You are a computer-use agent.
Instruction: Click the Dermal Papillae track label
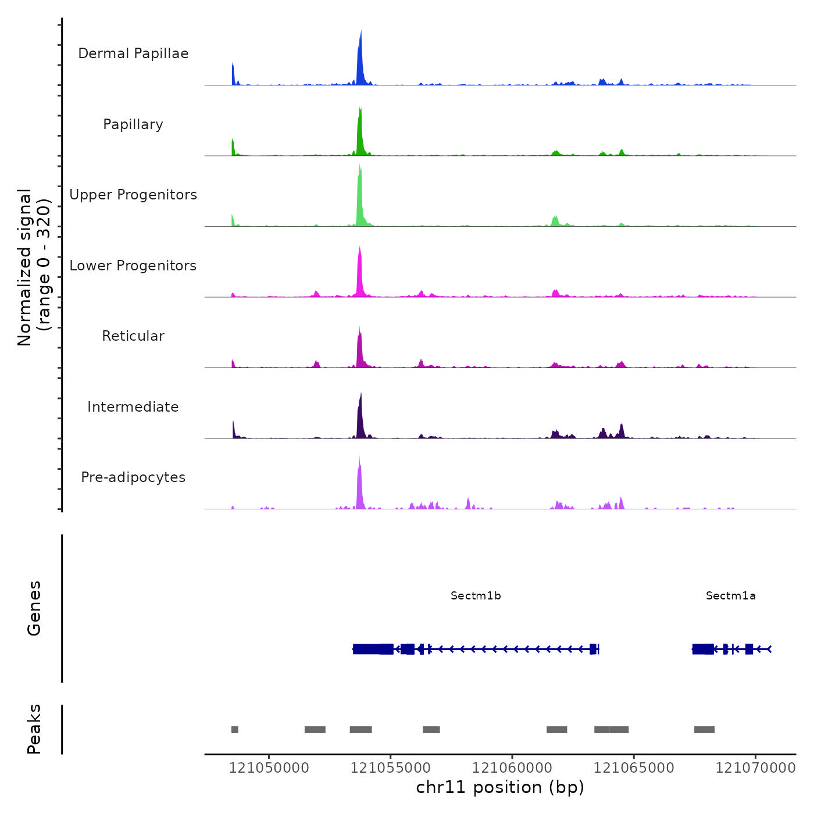[x=133, y=53]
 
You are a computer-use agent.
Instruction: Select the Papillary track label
[x=133, y=124]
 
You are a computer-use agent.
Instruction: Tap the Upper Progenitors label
[x=133, y=195]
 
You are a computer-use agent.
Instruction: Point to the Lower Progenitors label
[x=133, y=266]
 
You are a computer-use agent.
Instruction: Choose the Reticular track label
[x=133, y=336]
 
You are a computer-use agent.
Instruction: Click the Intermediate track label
[x=133, y=407]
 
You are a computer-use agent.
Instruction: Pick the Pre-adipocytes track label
[x=133, y=477]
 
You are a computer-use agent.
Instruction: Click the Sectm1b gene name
[x=476, y=596]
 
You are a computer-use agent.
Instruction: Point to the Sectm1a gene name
[x=731, y=596]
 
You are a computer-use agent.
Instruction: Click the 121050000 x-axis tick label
[x=269, y=768]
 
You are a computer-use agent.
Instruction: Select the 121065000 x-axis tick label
[x=634, y=768]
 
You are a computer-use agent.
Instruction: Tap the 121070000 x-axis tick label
[x=755, y=768]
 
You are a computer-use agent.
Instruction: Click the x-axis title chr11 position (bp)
[x=500, y=787]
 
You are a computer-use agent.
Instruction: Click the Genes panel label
[x=34, y=608]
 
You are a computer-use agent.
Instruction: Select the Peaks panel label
[x=34, y=729]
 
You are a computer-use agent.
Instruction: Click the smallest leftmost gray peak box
[x=235, y=730]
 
